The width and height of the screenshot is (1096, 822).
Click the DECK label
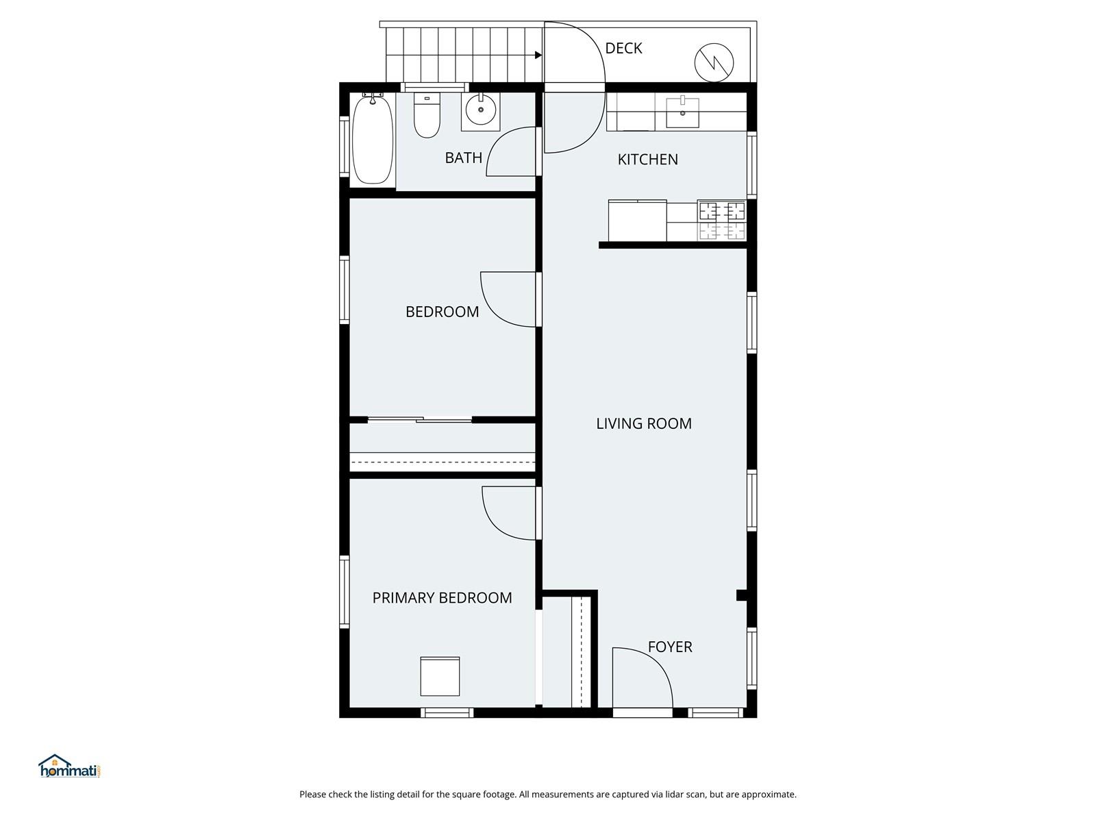623,49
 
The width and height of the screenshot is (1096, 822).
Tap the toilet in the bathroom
427,116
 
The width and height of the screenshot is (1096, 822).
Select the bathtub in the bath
373,140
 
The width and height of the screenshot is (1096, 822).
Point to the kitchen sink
682,112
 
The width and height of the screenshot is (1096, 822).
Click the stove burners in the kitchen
722,221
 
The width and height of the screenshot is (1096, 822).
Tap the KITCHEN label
647,160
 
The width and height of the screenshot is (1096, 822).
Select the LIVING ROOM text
644,424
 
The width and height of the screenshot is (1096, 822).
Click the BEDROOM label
442,312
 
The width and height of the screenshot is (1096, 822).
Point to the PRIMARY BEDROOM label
442,598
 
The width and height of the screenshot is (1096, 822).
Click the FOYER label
669,647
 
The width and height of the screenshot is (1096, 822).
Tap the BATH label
463,158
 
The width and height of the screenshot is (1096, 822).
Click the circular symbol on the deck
714,63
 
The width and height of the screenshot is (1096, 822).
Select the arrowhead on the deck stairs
538,55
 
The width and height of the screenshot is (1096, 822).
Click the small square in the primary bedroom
439,676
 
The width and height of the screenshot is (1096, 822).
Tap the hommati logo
69,766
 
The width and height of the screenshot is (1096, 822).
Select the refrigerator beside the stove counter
638,221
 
